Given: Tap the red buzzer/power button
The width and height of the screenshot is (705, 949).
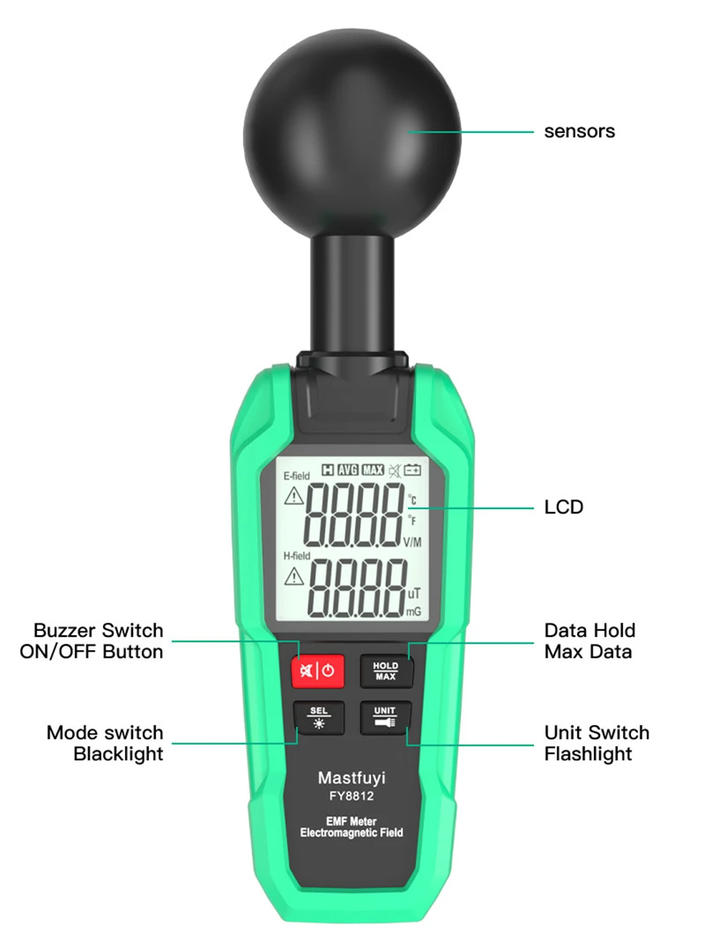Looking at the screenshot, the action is click(317, 671).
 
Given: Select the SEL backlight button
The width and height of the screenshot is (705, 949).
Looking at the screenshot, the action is click(319, 717).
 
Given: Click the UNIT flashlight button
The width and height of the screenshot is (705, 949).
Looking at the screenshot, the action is click(385, 717).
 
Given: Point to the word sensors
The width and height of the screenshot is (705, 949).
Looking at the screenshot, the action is click(579, 131).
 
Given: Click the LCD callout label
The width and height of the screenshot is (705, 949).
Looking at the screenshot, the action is click(563, 508).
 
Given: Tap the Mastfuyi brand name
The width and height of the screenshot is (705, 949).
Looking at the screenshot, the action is click(352, 778).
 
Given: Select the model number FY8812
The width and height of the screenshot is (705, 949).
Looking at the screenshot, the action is click(352, 796).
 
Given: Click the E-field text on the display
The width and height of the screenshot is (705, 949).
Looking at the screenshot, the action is click(297, 476).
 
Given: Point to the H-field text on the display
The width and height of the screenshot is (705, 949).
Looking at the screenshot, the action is click(297, 556).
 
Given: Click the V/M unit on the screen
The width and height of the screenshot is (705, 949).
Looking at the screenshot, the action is click(413, 542).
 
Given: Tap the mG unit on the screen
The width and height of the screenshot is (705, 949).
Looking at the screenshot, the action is click(413, 611).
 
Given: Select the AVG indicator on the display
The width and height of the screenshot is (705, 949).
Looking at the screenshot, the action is click(348, 470).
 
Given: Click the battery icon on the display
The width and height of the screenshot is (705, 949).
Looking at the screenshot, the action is click(412, 470).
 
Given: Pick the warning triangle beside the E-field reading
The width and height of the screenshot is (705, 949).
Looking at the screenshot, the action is click(294, 497).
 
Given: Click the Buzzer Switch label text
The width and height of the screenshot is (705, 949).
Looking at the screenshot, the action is click(98, 631).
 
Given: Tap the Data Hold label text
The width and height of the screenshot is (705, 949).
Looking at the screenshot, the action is click(590, 631).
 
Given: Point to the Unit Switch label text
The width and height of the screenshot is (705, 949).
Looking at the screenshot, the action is click(596, 733).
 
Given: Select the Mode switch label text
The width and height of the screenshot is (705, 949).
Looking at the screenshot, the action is click(105, 733).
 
